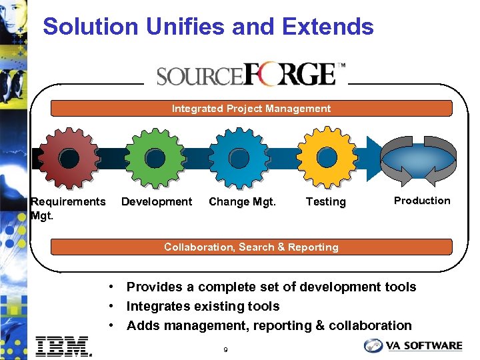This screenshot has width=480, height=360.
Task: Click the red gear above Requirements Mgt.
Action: click(x=69, y=157)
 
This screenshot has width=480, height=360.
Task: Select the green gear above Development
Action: click(x=155, y=157)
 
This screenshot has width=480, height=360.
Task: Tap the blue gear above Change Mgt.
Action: click(x=241, y=157)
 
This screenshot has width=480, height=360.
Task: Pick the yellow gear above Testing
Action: click(x=326, y=157)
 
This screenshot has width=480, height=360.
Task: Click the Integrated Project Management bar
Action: click(x=251, y=109)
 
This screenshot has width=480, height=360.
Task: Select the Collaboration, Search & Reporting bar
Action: click(x=251, y=247)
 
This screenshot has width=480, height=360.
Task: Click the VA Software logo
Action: click(x=413, y=345)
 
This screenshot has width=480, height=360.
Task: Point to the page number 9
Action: click(x=226, y=349)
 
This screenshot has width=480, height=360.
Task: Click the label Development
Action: click(x=157, y=201)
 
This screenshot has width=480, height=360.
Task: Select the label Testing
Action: click(x=325, y=201)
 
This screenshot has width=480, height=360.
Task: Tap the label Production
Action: click(x=422, y=201)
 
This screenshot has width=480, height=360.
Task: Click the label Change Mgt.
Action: click(x=242, y=201)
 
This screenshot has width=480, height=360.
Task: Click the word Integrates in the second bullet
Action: click(x=158, y=307)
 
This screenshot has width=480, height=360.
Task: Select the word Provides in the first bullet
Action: click(x=153, y=287)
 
